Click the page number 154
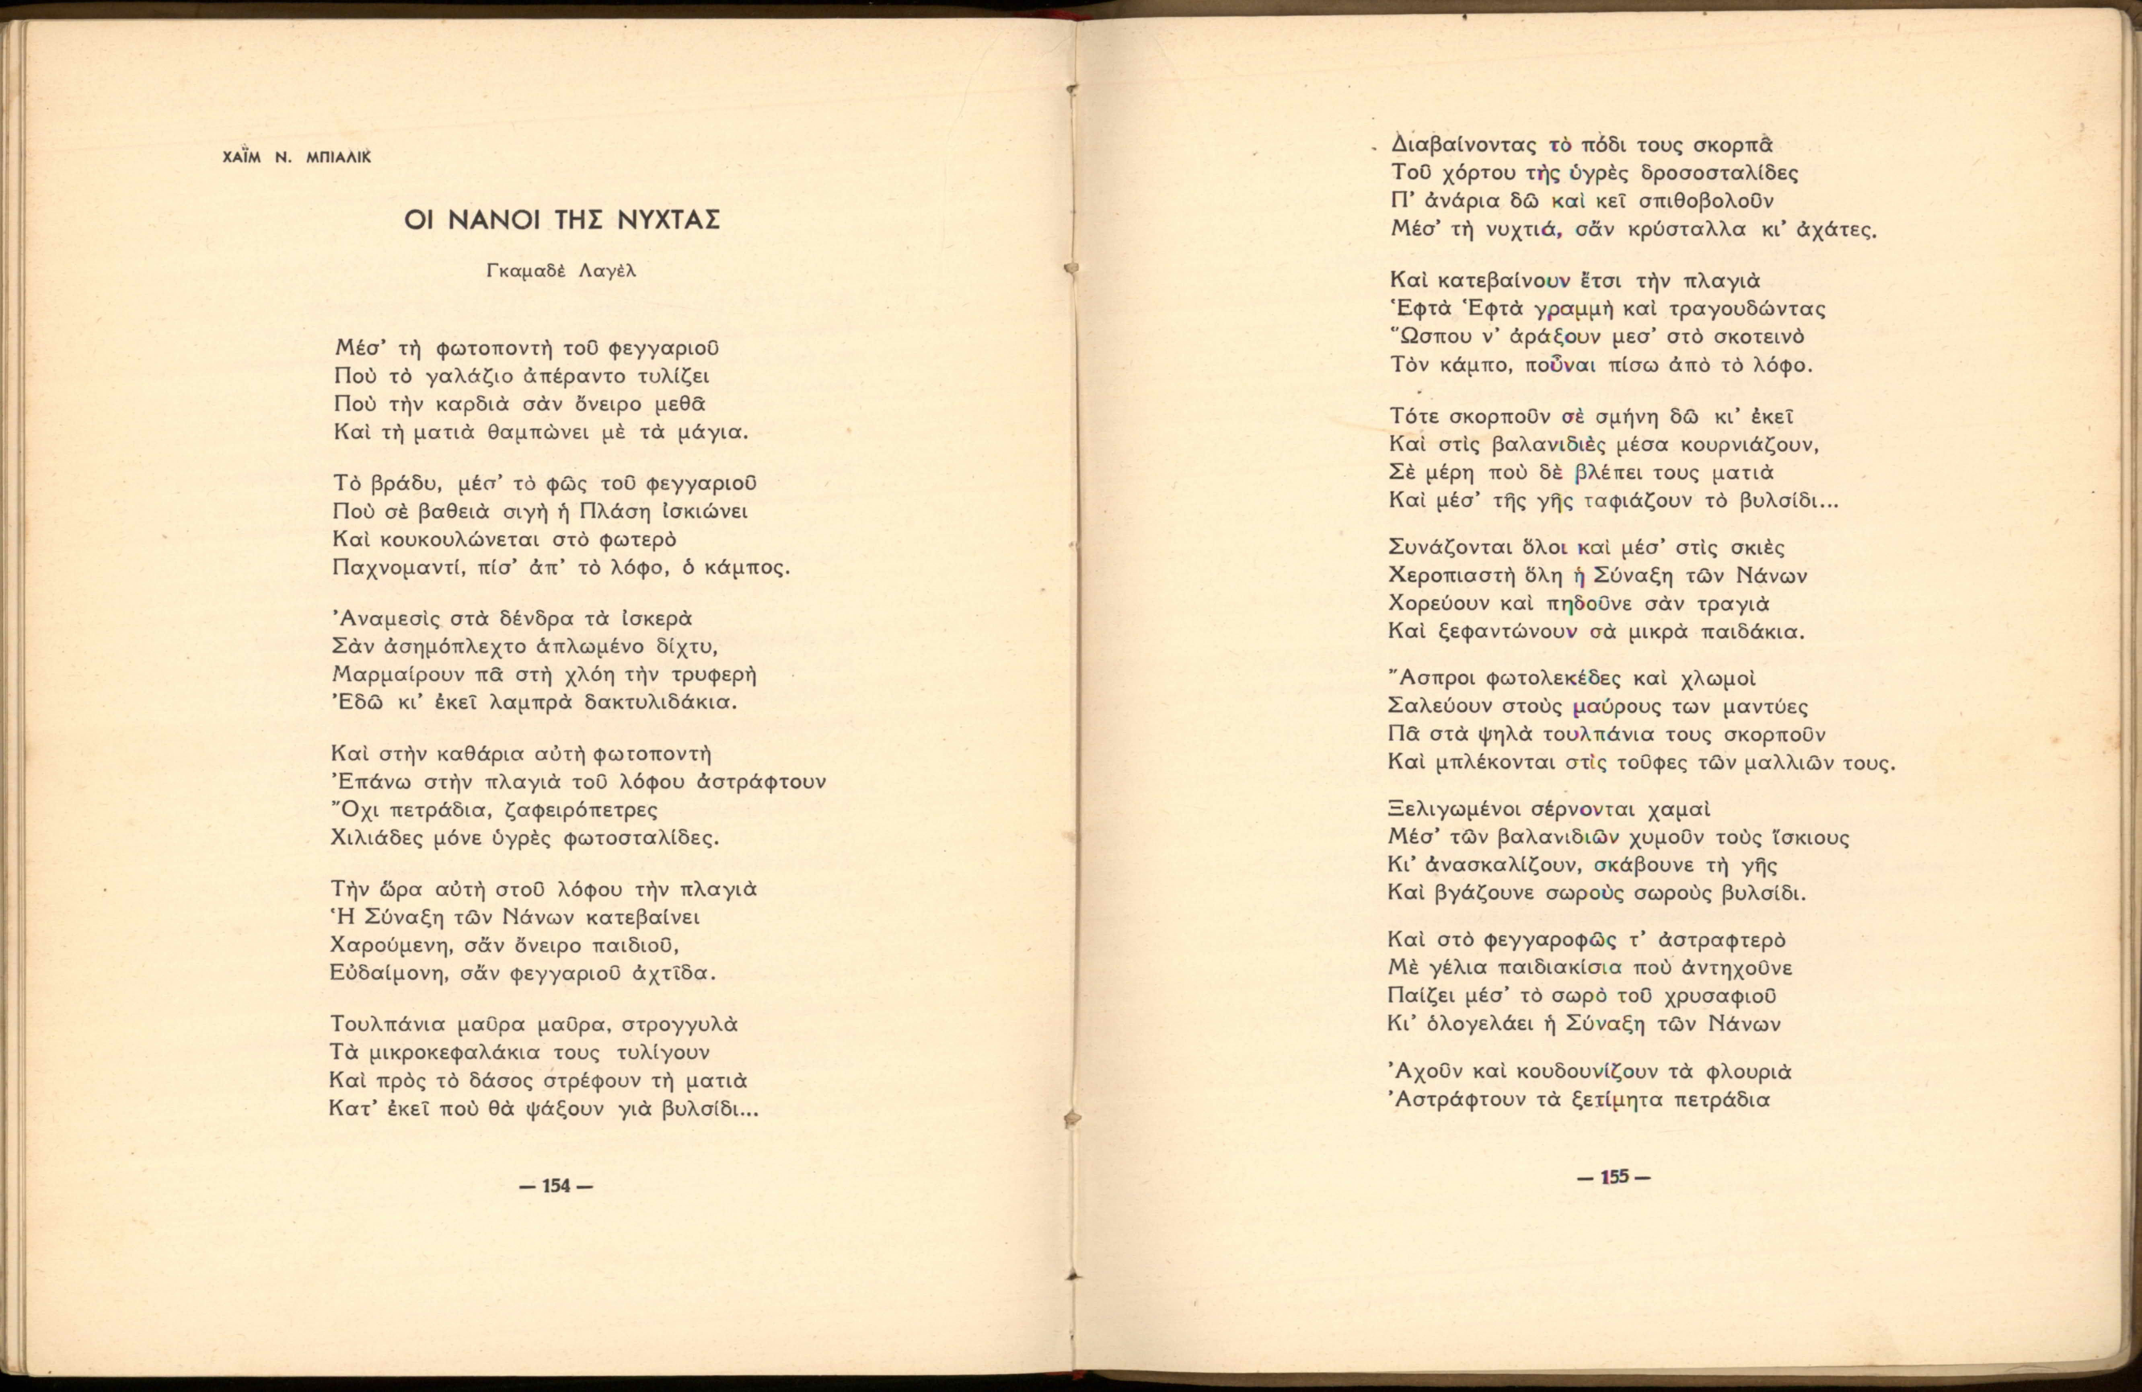(x=556, y=1185)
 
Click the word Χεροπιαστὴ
(x=1449, y=576)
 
